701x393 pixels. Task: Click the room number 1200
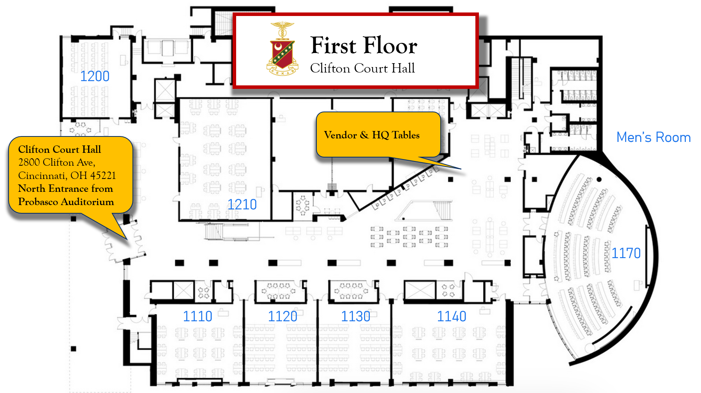click(95, 76)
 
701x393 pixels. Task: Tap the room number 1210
click(242, 205)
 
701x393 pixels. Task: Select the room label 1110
click(198, 316)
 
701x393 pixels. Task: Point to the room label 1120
click(283, 316)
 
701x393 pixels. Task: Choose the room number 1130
click(356, 316)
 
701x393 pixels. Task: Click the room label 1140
click(452, 316)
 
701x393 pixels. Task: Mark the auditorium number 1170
click(626, 253)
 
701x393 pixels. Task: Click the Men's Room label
click(653, 137)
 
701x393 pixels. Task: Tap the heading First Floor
click(364, 46)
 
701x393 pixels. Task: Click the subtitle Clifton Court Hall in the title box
click(362, 68)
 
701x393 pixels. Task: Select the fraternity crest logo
click(283, 49)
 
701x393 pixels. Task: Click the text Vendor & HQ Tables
click(372, 135)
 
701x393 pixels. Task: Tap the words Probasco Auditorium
click(66, 202)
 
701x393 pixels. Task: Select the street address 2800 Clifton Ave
click(57, 162)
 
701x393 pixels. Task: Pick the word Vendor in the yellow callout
click(341, 135)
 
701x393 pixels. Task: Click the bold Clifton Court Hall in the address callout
click(60, 149)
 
